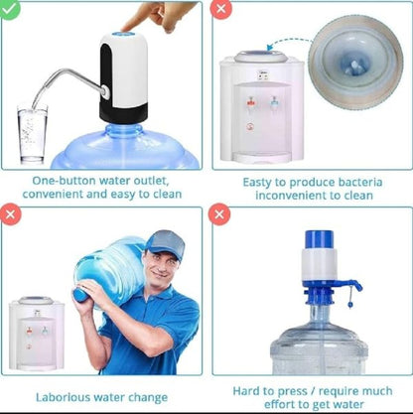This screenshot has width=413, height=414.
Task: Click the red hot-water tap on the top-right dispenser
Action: coord(251,102)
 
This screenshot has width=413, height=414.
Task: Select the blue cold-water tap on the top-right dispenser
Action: coord(274,102)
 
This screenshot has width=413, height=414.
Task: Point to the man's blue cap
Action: coord(164,242)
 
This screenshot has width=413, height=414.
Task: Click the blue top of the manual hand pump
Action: coord(318,241)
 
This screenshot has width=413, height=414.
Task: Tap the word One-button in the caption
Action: coord(59,182)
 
